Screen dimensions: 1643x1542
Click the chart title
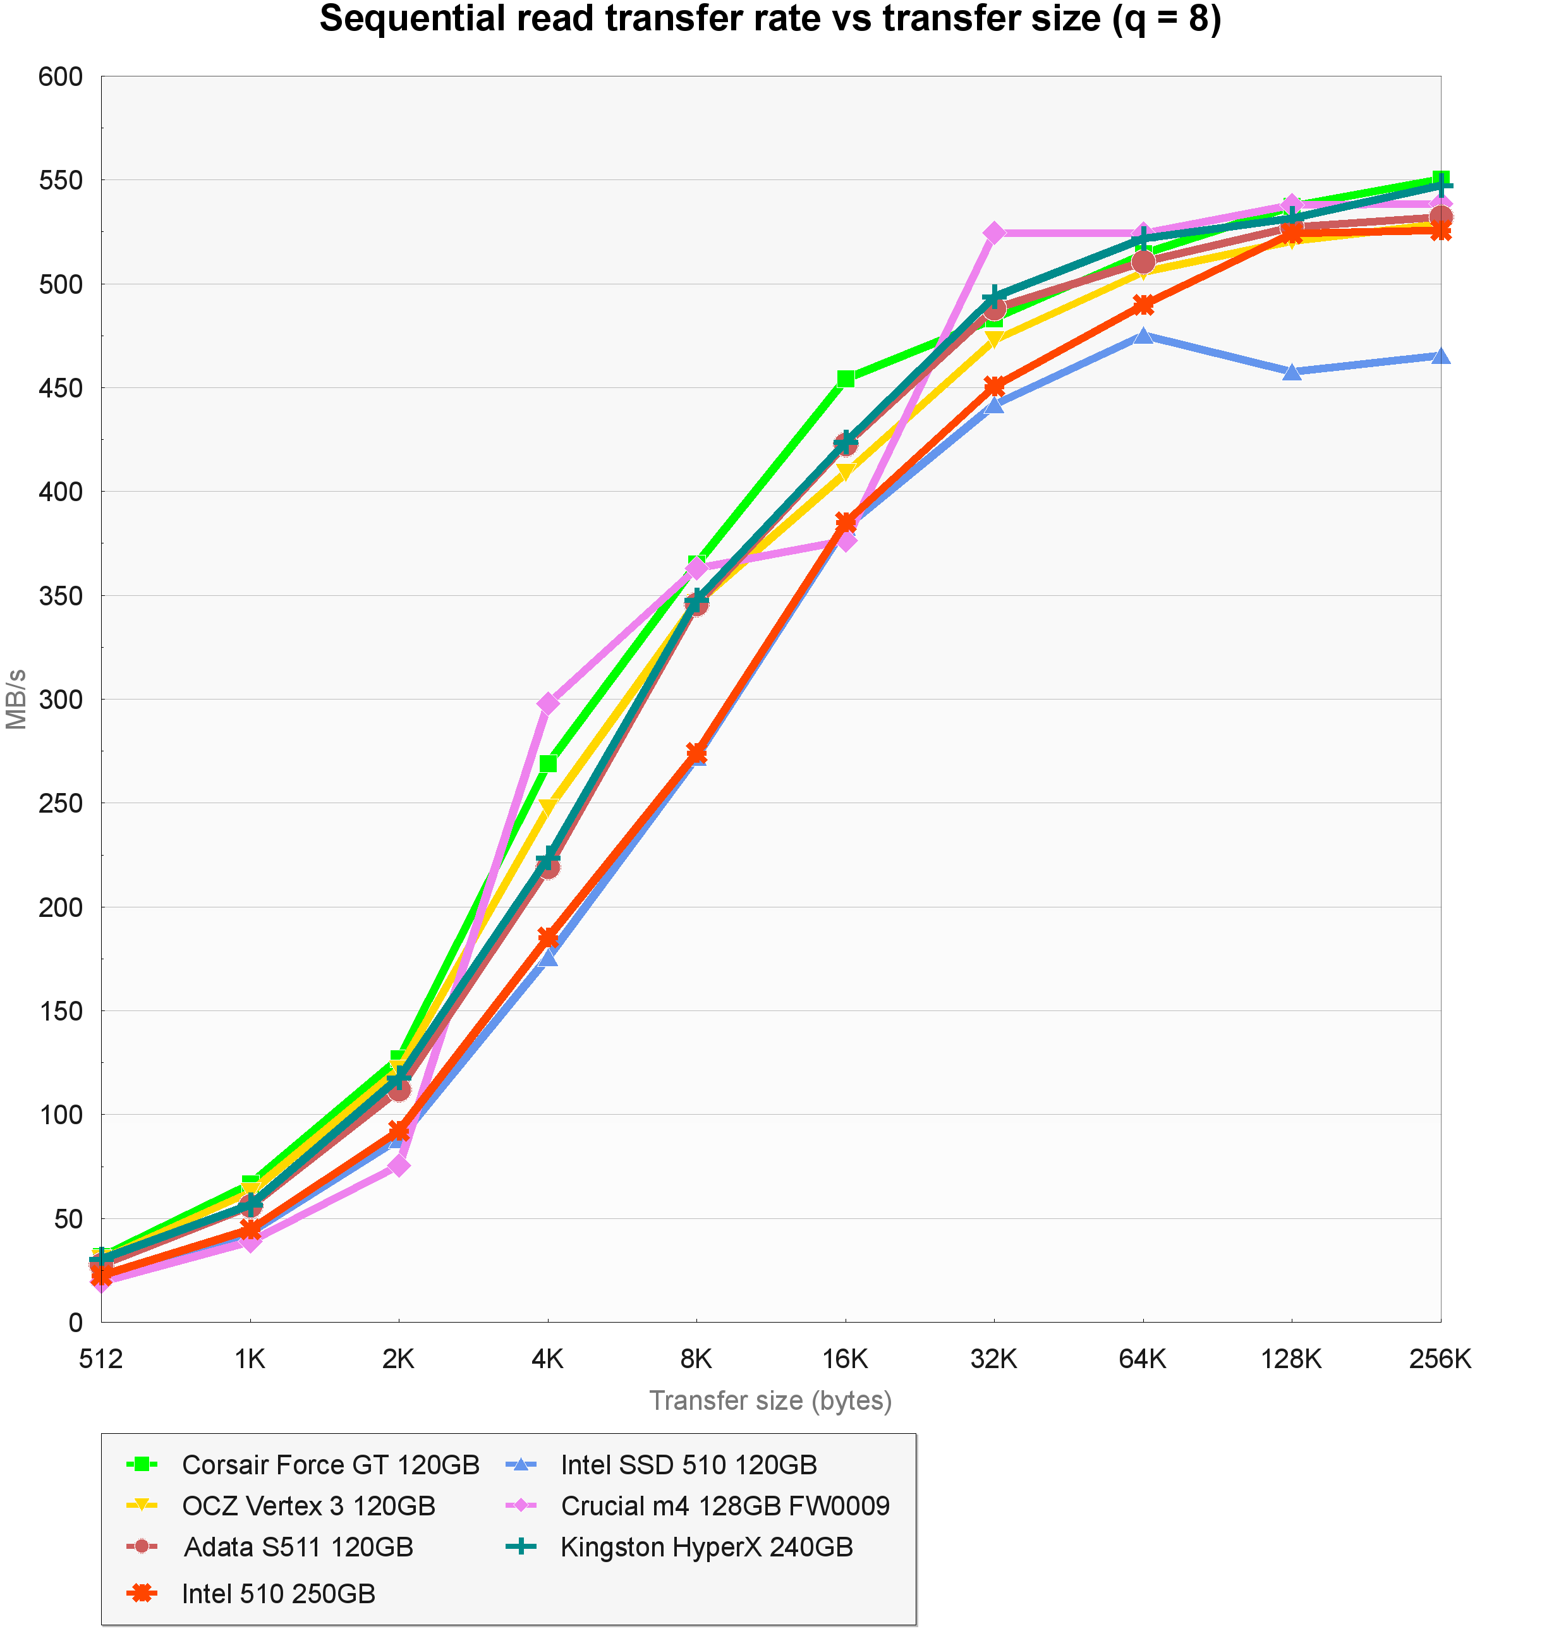[770, 20]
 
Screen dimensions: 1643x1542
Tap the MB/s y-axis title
[16, 699]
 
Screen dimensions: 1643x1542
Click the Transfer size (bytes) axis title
[770, 1400]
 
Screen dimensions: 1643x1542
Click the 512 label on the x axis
[101, 1359]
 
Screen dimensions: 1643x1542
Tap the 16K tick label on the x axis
[846, 1359]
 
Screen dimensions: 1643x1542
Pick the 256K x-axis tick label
[1440, 1359]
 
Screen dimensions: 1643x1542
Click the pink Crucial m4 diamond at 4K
[548, 704]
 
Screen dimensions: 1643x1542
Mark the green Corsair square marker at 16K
[846, 379]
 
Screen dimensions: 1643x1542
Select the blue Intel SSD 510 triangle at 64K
[1143, 336]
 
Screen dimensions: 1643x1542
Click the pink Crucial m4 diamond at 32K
[994, 233]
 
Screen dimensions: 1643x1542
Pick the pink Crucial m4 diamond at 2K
[398, 1165]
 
